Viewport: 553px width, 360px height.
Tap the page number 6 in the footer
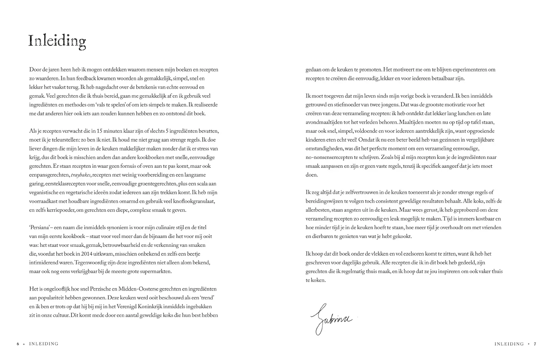[x=18, y=344]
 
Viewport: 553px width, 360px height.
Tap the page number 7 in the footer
[x=535, y=344]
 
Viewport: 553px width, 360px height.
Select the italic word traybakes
[x=81, y=175]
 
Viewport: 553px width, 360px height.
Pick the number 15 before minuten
[x=101, y=131]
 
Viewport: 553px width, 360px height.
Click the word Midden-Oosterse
[x=152, y=289]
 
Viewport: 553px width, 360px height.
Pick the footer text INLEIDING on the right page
[x=509, y=344]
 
